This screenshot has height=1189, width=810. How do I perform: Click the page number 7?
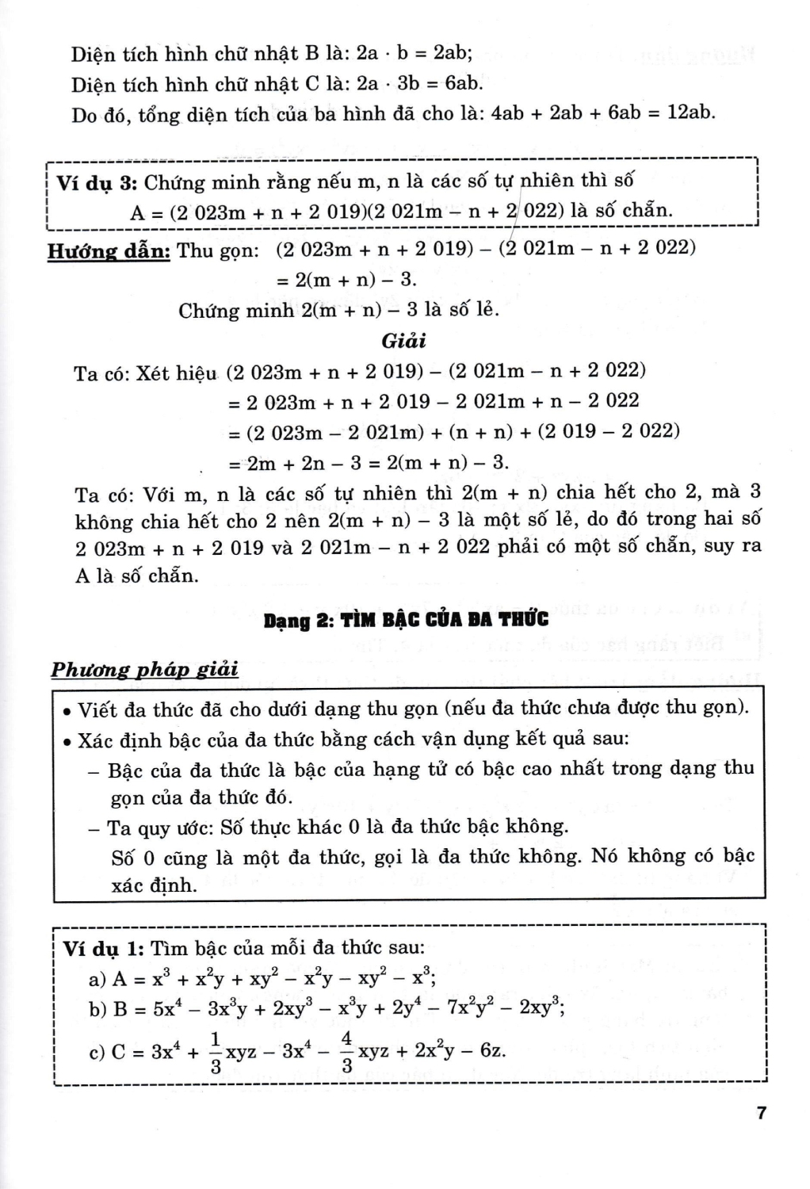point(762,1113)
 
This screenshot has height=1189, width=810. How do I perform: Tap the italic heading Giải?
point(404,341)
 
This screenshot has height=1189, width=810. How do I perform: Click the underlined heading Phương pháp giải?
point(144,670)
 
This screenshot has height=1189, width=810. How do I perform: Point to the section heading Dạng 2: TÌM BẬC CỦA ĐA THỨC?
point(405,619)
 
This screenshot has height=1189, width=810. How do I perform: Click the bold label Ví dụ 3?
point(97,182)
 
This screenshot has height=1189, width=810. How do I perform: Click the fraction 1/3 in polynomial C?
point(215,1051)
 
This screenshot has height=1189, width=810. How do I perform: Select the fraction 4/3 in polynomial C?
point(347,1051)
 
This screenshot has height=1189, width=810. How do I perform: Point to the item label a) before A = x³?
point(97,979)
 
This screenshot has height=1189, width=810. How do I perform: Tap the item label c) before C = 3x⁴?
point(97,1052)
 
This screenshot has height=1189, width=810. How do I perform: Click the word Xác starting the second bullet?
point(97,739)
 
